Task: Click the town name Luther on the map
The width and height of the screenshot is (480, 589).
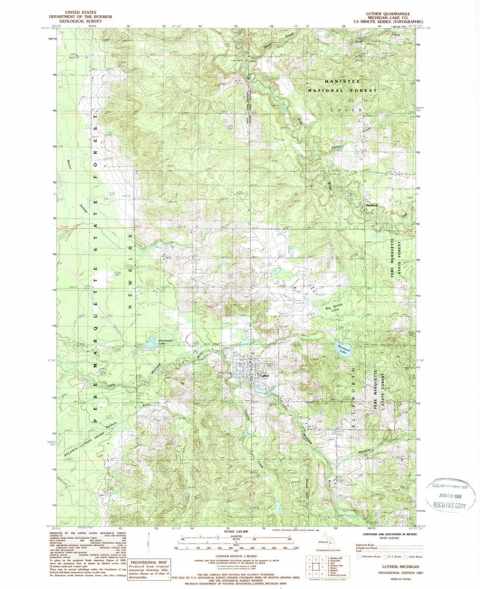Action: click(265, 376)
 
